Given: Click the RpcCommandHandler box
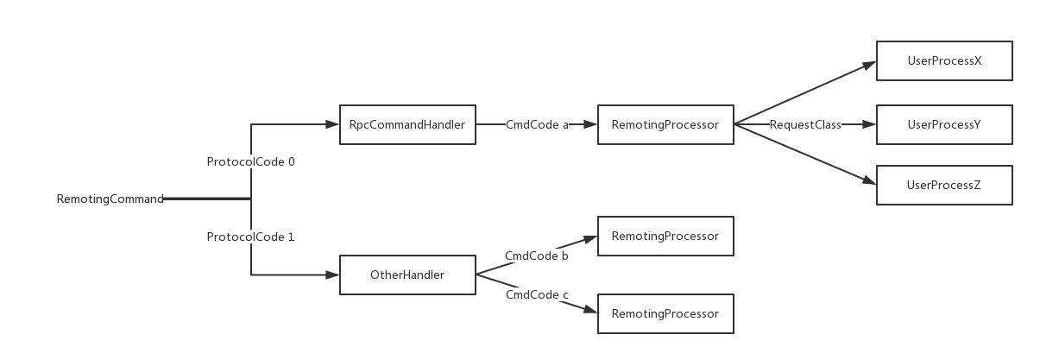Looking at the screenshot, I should click(407, 125).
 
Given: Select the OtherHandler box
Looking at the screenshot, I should click(407, 275).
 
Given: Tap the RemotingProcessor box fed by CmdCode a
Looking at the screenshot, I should click(665, 125).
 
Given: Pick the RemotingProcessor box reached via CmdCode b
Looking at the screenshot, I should click(665, 236).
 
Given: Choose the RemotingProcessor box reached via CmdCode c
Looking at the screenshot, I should click(665, 314).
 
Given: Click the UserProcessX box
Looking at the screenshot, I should click(944, 62).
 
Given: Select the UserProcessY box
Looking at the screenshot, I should click(944, 125).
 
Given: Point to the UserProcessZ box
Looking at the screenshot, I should click(944, 185).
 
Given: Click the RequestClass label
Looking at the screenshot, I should click(805, 125).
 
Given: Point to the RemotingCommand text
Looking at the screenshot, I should click(110, 200).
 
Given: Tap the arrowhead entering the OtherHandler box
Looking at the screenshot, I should click(331, 276).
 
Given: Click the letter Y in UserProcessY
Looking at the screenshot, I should click(977, 125).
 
